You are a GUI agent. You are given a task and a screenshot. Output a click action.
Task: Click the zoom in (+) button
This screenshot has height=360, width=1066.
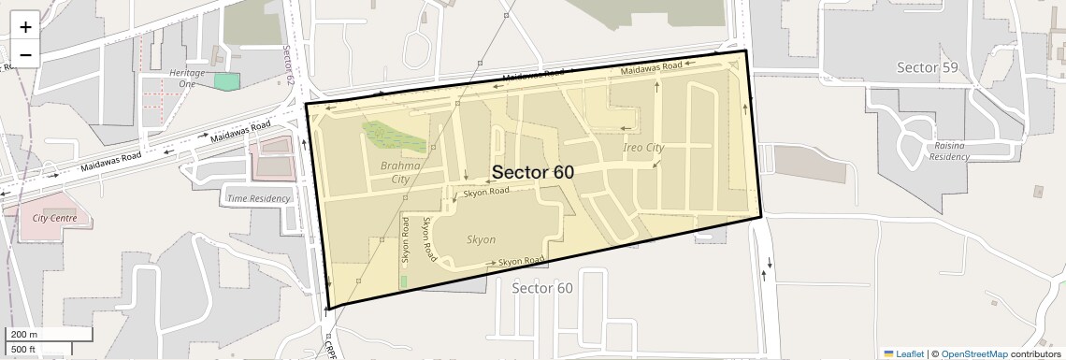click(25, 26)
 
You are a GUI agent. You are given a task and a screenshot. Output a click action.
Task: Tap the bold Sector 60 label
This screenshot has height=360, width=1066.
click(532, 172)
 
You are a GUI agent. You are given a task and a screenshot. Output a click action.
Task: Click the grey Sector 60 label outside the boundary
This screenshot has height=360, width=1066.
click(542, 288)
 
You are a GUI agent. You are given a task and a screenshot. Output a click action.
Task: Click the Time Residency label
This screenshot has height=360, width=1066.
click(258, 198)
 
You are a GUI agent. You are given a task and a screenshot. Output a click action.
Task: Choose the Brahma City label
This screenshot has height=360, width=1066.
click(400, 172)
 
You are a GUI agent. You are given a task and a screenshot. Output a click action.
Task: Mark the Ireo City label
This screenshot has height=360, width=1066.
click(643, 148)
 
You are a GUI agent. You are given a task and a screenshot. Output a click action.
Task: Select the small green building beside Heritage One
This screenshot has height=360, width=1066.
click(226, 81)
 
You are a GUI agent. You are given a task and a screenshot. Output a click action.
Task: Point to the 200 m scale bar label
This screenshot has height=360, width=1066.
click(22, 335)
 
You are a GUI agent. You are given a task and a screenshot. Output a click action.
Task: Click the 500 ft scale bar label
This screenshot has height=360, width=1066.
click(22, 350)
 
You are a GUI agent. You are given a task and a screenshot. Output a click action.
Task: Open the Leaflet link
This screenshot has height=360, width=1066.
click(904, 353)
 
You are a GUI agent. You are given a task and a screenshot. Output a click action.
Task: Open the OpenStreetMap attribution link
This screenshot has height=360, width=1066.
click(974, 353)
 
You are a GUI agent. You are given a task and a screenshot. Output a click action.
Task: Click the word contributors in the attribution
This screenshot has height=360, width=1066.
click(1035, 353)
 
